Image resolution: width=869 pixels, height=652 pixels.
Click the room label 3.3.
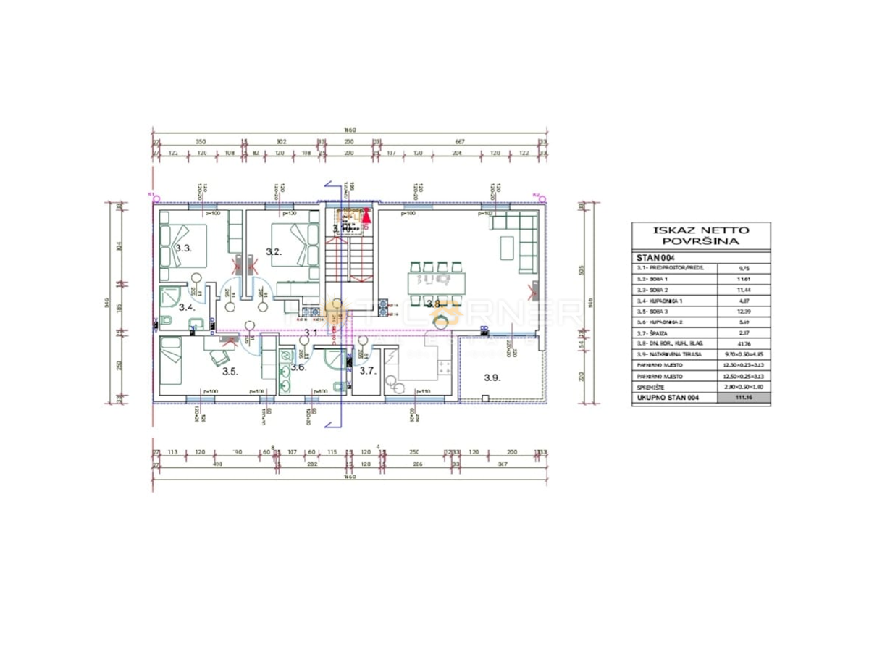(183, 248)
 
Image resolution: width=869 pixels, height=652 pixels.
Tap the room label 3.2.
(273, 252)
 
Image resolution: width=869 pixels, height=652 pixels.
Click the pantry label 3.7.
(367, 371)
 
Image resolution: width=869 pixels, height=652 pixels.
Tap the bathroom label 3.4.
(187, 307)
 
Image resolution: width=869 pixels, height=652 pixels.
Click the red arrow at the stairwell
(366, 214)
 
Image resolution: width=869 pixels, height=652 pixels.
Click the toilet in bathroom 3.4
(166, 322)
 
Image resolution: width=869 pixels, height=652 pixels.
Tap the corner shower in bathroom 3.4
(172, 296)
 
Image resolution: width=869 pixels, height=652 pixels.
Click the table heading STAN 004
(655, 256)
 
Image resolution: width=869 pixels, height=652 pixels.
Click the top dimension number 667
(459, 142)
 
